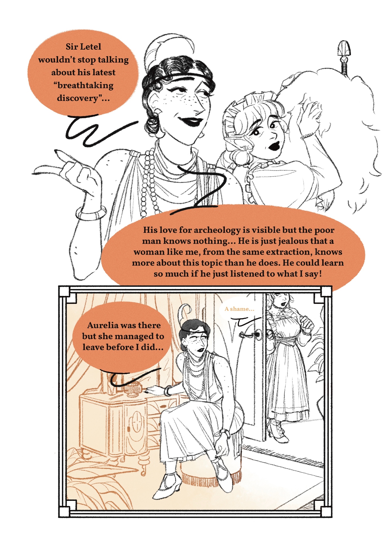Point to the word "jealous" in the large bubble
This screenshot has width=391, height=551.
click(x=292, y=241)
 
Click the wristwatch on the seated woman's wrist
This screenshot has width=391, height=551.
click(x=226, y=434)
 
